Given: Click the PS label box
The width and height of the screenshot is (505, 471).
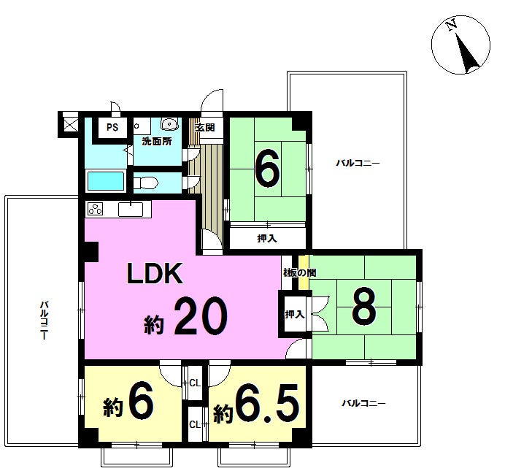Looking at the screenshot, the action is (112, 127).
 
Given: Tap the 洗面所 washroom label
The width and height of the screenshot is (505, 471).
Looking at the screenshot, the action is (157, 141).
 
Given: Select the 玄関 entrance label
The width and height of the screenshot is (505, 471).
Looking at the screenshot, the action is (205, 127).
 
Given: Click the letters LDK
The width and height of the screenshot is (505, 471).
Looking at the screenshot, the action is (155, 273).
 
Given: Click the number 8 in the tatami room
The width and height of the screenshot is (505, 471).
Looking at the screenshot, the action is (364, 306).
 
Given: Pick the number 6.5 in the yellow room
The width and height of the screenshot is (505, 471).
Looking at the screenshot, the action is (266, 405).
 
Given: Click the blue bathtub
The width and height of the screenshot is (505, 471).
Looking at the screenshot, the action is (106, 181).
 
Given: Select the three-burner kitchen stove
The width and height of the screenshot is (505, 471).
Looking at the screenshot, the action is (96, 209).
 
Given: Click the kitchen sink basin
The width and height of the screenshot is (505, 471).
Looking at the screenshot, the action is (131, 210).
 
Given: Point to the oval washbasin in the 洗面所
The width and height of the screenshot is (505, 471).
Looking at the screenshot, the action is (169, 123).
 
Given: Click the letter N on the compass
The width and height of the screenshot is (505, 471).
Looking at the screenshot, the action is (452, 25).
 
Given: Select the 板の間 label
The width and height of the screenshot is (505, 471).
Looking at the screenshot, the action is (299, 273).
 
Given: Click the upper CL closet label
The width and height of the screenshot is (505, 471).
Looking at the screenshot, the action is (195, 383).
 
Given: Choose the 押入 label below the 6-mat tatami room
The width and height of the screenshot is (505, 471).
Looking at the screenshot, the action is (267, 238).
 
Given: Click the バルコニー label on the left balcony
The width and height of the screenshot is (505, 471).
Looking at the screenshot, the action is (44, 320).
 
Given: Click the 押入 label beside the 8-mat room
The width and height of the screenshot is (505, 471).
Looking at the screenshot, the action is (294, 314).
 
